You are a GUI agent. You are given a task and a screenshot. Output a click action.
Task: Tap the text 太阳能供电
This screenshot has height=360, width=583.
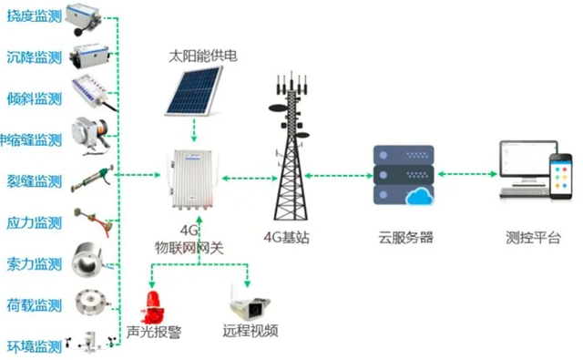coord(202,57)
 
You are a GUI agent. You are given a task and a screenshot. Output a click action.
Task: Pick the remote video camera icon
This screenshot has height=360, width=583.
coord(247,303)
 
